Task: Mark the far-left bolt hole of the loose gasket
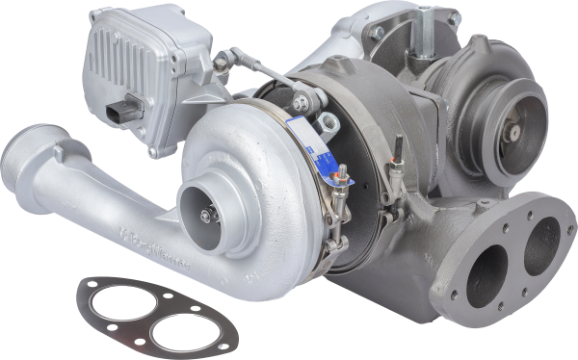pos(89,286)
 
